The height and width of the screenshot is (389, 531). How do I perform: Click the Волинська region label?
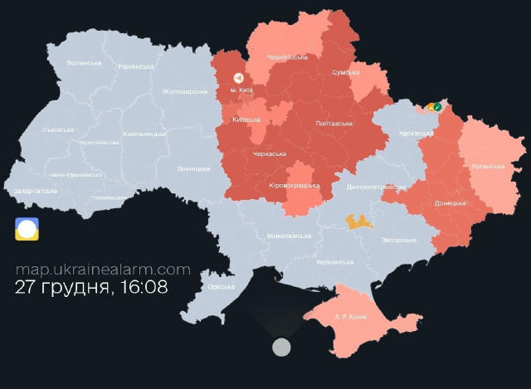coord(84,63)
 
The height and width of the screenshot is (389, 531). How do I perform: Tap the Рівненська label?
coord(136,66)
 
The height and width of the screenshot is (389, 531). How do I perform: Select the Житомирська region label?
coord(185,91)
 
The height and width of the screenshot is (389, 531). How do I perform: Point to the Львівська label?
coord(58,129)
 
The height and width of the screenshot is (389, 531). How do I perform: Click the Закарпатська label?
coord(36,191)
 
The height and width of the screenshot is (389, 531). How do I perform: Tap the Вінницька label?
coord(193,168)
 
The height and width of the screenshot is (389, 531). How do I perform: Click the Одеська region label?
coord(221,287)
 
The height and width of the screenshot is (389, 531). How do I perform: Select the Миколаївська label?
coord(290,236)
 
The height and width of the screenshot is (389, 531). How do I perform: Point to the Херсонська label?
coord(335,262)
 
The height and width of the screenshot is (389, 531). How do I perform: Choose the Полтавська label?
coord(334,124)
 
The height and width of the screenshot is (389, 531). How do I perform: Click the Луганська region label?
coord(488,166)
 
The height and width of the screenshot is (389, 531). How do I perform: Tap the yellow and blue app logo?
coord(27,229)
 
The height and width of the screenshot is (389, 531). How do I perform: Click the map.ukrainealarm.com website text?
coord(103,270)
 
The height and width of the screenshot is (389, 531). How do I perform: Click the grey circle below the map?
coord(282,347)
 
